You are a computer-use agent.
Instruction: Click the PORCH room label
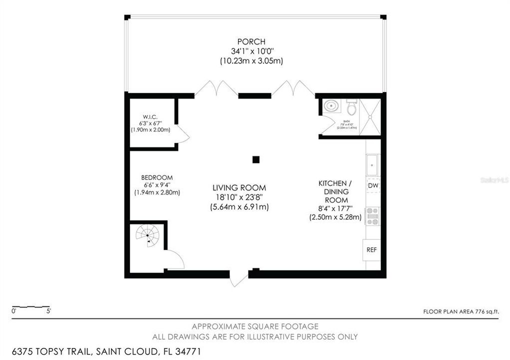(x=251, y=41)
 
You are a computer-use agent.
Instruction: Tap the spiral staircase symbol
(x=148, y=234)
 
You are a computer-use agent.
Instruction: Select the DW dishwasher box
(x=372, y=186)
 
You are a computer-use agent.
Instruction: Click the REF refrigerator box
(x=371, y=249)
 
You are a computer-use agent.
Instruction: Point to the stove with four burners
(x=372, y=216)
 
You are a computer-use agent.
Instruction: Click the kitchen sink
(x=372, y=163)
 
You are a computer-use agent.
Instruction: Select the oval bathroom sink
(x=331, y=106)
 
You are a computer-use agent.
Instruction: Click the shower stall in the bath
(x=370, y=117)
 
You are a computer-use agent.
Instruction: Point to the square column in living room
(x=255, y=160)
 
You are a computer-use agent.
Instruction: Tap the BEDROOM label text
(x=156, y=177)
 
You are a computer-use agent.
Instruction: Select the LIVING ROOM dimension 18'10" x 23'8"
(x=240, y=197)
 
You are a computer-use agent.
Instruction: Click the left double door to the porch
(x=216, y=88)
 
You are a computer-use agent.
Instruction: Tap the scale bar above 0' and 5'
(x=31, y=306)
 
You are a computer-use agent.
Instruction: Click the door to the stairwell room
(x=175, y=259)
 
